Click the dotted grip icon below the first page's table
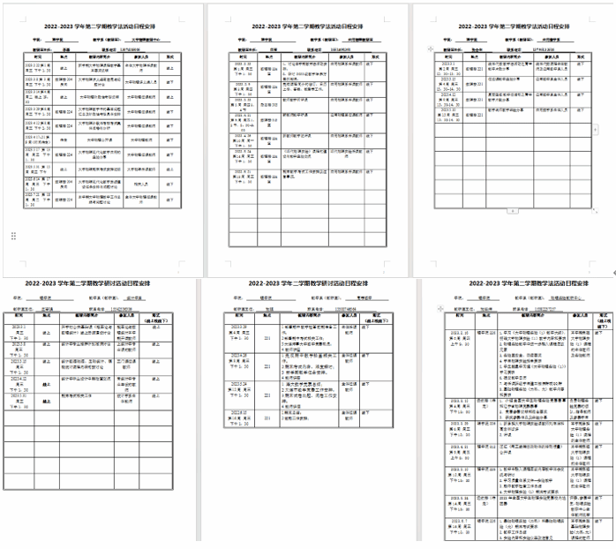pos(13,236)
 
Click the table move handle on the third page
pos(429,51)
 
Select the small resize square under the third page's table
pos(512,212)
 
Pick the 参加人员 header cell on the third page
pos(547,55)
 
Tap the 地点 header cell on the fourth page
pos(47,315)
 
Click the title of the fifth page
pos(307,283)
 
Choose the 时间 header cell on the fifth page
pos(241,315)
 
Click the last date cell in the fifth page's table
pos(241,415)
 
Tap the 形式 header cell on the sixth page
pos(605,315)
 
